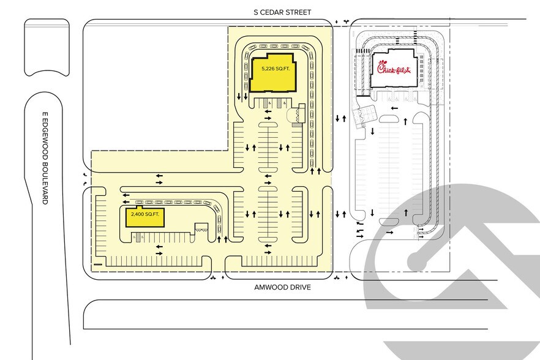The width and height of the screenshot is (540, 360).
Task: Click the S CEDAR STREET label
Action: [x=282, y=12]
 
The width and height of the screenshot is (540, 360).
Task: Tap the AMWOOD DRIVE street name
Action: [x=282, y=287]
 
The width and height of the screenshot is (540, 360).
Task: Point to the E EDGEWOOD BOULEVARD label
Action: [x=45, y=158]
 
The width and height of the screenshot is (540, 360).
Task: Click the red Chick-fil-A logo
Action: [x=394, y=67]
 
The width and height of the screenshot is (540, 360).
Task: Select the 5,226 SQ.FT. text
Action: [x=276, y=69]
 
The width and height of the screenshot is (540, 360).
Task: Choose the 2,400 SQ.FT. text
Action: [x=145, y=214]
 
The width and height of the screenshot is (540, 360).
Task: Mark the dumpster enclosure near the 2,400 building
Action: [x=202, y=228]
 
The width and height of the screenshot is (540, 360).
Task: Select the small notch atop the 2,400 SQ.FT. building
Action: [x=140, y=208]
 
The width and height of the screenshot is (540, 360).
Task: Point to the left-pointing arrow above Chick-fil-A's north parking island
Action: [x=394, y=108]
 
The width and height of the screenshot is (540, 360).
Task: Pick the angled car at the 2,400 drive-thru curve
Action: [x=216, y=208]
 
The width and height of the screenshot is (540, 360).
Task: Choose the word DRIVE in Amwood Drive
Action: [x=299, y=287]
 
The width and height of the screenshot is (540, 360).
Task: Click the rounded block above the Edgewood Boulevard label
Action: [x=47, y=48]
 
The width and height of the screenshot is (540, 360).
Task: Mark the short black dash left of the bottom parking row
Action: [x=98, y=264]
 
